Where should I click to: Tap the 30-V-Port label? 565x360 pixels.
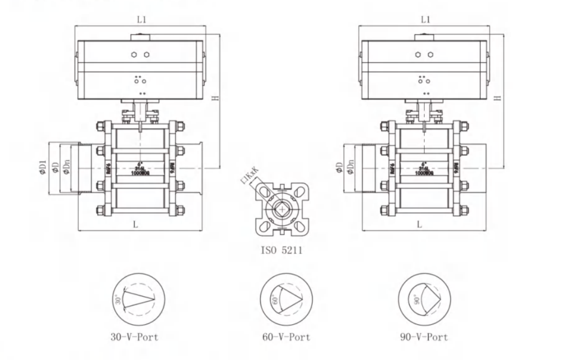tap(134, 337)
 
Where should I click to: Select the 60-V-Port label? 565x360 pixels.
tap(286, 337)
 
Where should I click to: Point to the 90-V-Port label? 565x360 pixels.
tap(424, 337)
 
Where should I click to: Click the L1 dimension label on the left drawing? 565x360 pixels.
tap(142, 20)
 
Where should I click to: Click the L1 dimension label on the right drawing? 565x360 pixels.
tap(425, 20)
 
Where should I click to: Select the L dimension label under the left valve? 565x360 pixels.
tap(136, 225)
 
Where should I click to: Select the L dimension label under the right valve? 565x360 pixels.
tap(420, 225)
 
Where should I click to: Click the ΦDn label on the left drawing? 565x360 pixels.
tap(66, 168)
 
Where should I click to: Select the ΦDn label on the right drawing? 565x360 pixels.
tap(351, 168)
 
